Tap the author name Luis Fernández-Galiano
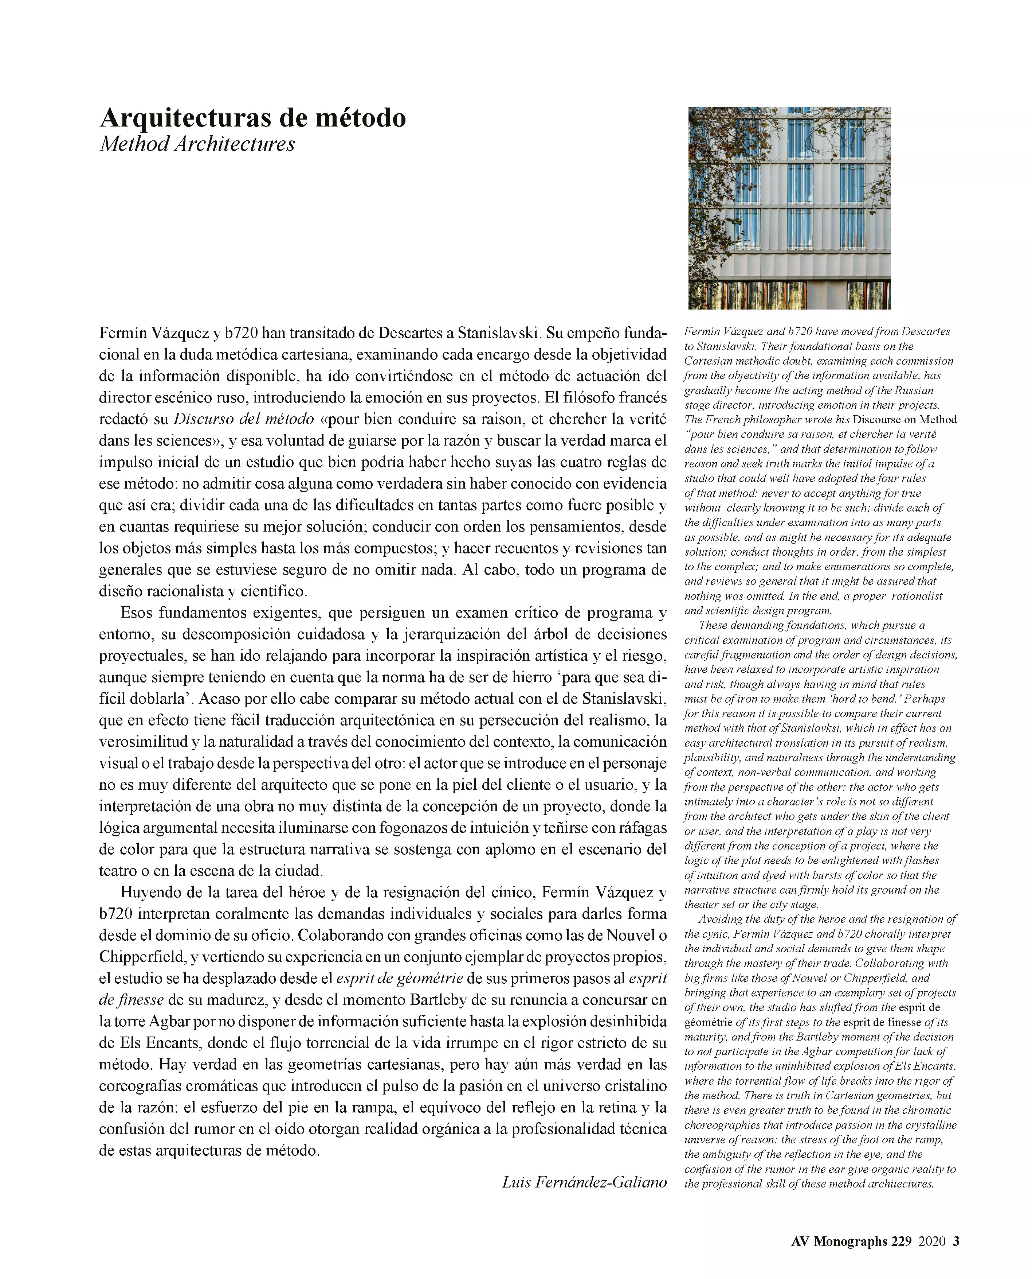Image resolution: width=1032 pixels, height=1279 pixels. click(584, 1181)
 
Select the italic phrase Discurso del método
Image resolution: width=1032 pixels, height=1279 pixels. click(244, 419)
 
